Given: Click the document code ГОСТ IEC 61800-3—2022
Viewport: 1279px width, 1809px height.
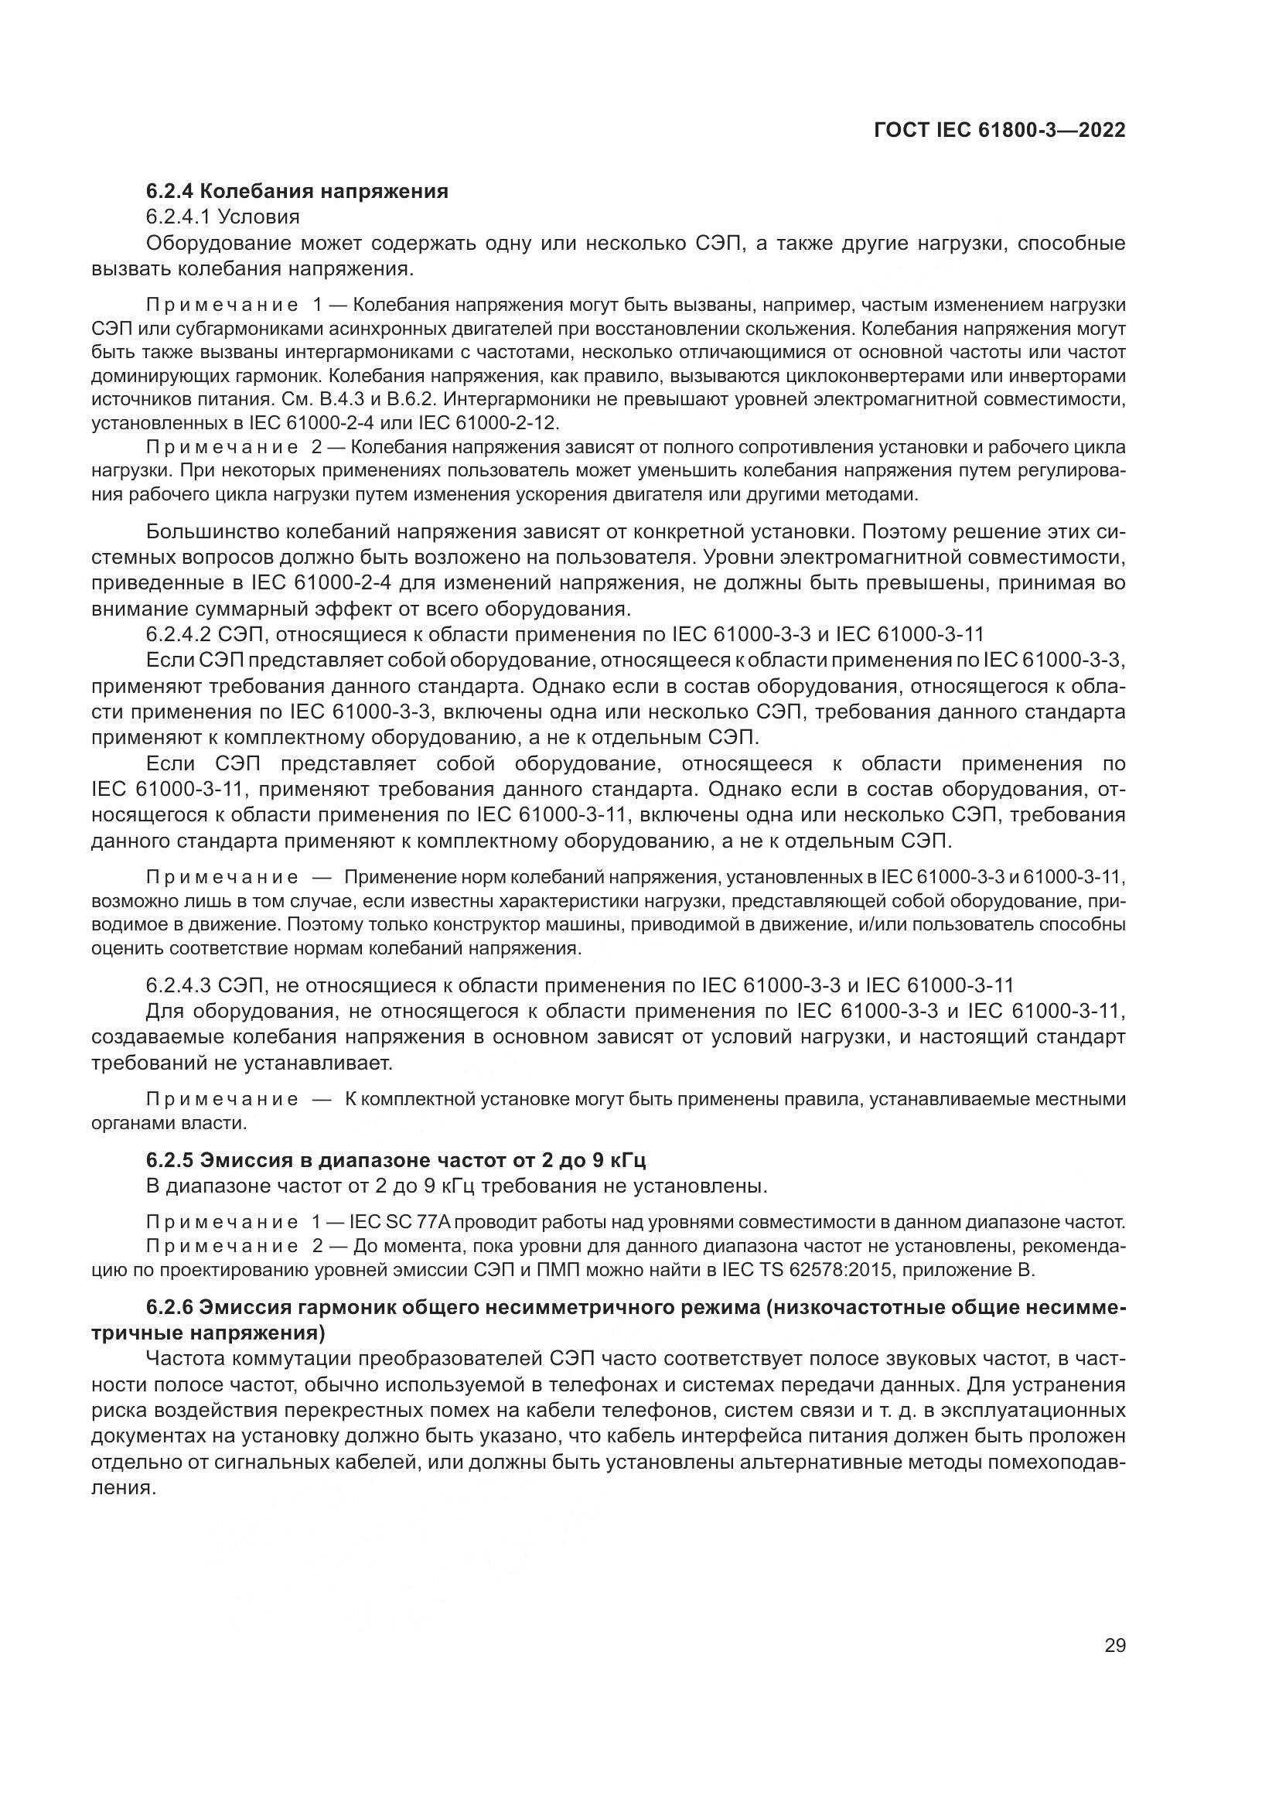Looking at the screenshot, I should [999, 130].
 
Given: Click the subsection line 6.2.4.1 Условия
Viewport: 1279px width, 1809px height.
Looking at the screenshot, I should [223, 217].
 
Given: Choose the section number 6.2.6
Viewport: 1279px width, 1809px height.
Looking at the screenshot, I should [170, 1307].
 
